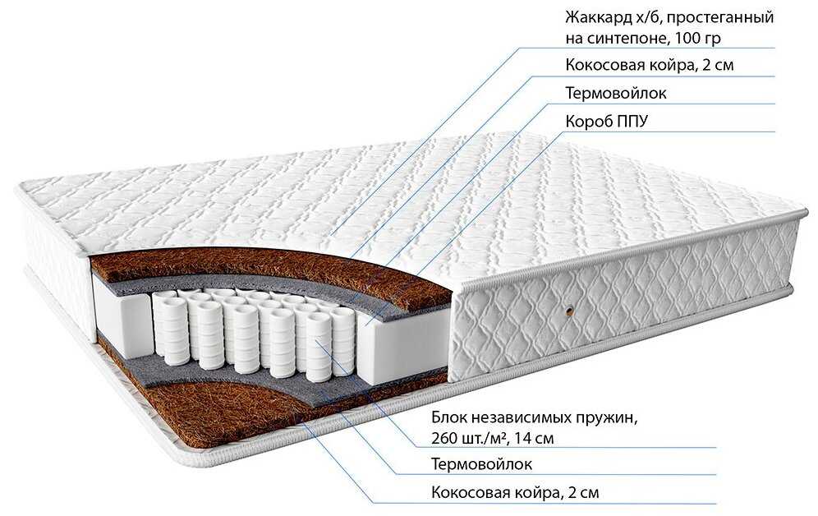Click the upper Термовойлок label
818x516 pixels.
click(616, 93)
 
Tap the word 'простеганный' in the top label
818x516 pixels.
click(723, 17)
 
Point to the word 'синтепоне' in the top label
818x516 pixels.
click(623, 38)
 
